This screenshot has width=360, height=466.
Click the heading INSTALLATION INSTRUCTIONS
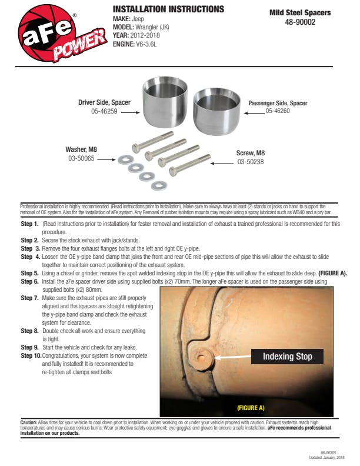168,9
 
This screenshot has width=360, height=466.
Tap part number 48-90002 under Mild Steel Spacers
308,22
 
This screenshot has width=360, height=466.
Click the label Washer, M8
81,149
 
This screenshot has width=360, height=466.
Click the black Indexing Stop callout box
287,356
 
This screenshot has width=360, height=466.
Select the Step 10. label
31,356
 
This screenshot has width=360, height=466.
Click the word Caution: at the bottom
29,422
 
